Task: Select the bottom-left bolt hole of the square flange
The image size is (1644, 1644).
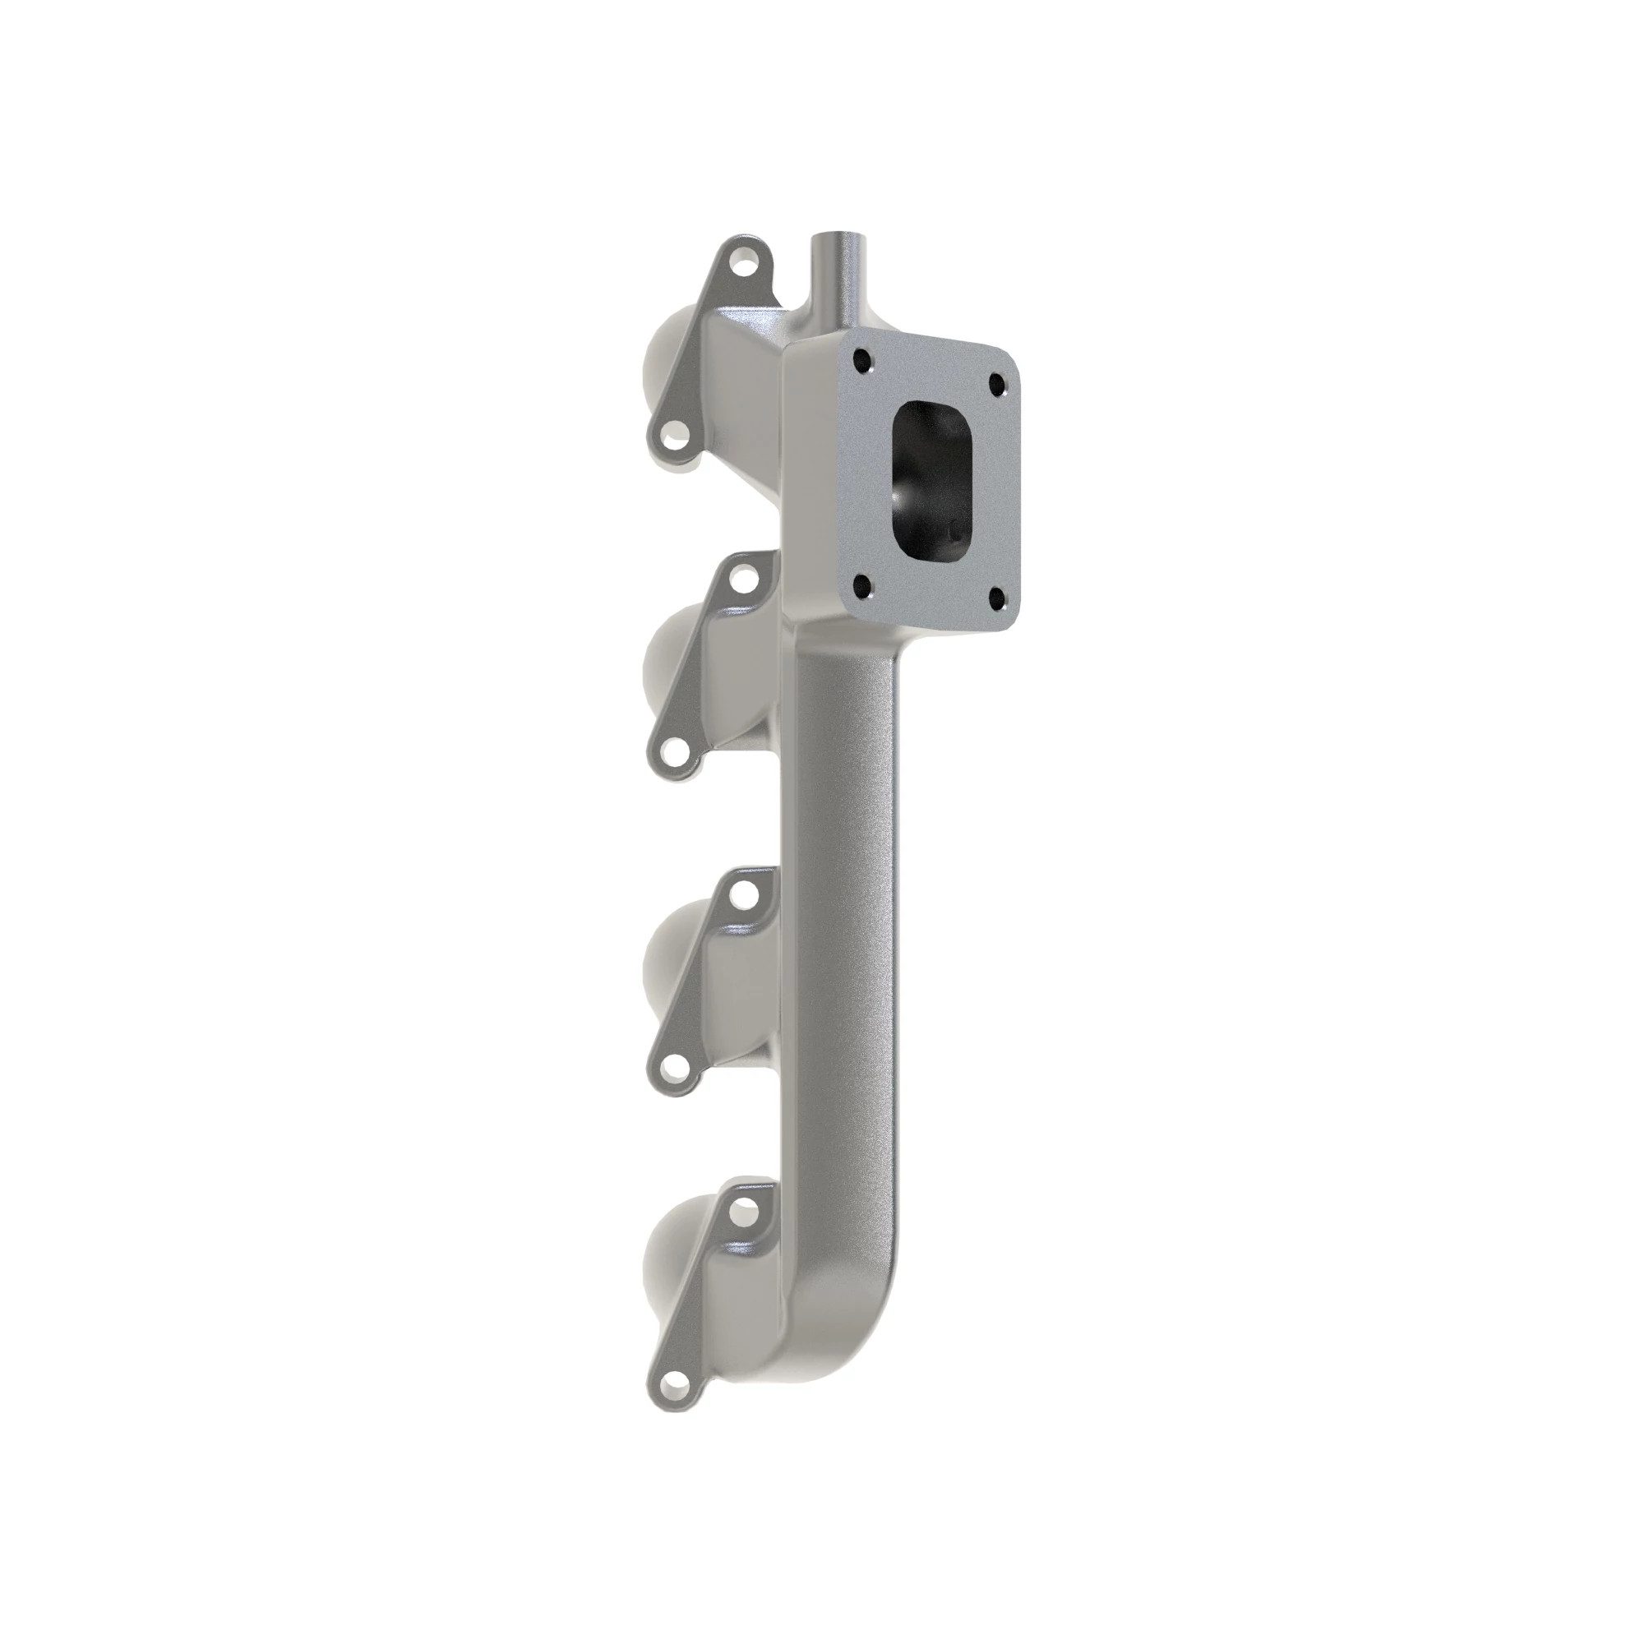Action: pos(864,586)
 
